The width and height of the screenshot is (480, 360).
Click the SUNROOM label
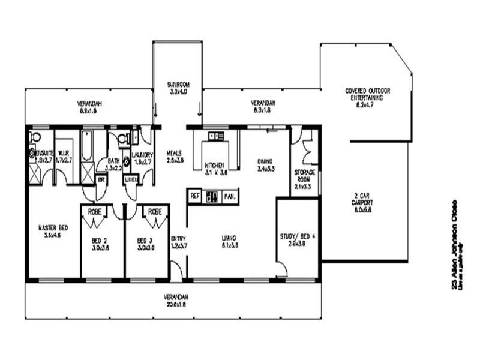click(x=178, y=85)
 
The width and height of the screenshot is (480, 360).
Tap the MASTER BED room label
click(x=52, y=228)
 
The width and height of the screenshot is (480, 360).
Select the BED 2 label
click(x=100, y=239)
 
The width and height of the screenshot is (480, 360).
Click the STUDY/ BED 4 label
click(x=298, y=236)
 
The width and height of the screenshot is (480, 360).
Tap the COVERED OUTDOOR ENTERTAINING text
click(x=368, y=91)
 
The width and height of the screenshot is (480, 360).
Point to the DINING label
click(x=265, y=161)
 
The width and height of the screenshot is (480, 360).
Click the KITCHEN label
click(x=214, y=165)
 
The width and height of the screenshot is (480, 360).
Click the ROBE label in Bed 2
click(x=95, y=211)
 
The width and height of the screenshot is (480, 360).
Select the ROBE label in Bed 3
click(x=155, y=211)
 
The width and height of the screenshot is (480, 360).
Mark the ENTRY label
click(x=178, y=238)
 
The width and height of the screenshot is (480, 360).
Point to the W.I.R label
click(x=64, y=152)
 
